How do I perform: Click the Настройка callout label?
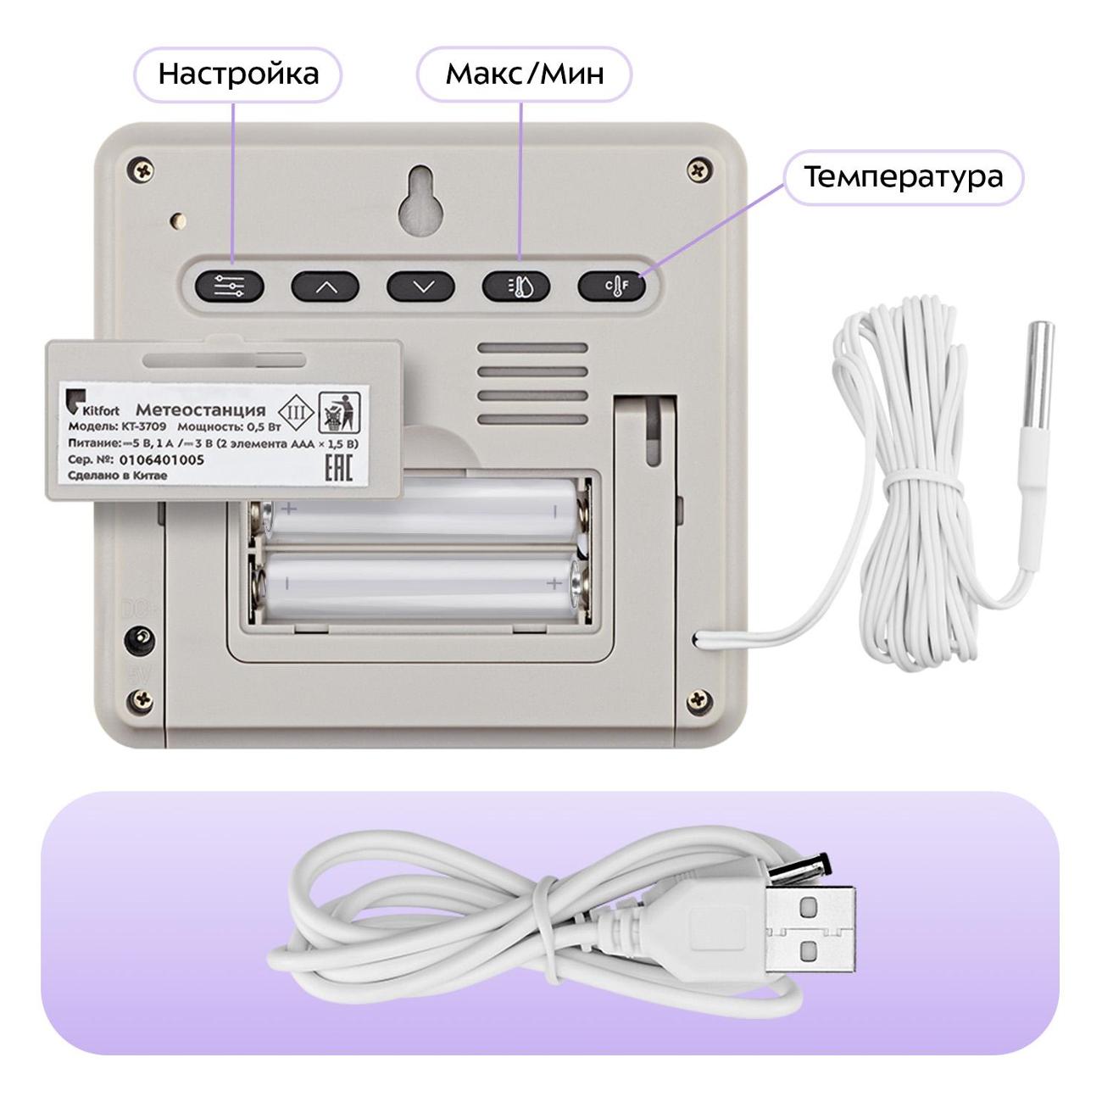(238, 75)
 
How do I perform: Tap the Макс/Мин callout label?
(525, 75)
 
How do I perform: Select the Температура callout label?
(903, 176)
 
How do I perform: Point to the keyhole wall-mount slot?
(423, 200)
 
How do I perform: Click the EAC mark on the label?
(338, 467)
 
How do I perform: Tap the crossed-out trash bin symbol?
(339, 412)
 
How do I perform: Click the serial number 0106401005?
(161, 459)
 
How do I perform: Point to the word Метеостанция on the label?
(201, 409)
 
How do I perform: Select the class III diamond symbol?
(296, 412)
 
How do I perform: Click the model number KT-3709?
(143, 426)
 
